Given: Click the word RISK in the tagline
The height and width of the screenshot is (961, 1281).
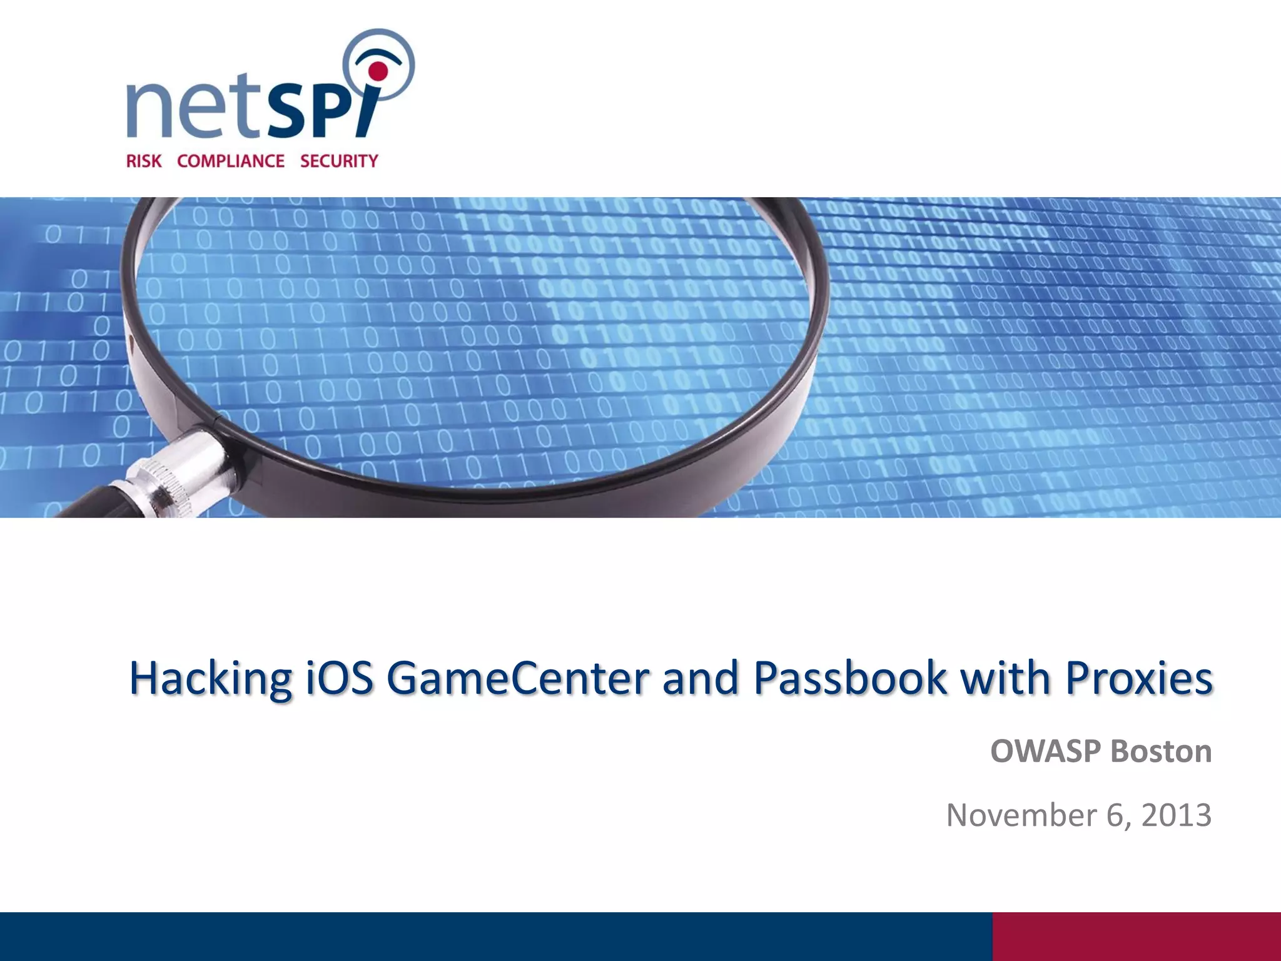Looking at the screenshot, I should (144, 161).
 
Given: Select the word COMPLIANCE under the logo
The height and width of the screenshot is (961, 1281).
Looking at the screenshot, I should (231, 161).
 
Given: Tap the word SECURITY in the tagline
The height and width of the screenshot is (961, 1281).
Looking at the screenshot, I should (339, 161).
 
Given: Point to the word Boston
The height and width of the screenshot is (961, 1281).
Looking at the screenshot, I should (1161, 751).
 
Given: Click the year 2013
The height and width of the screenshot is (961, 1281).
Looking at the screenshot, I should (1177, 815).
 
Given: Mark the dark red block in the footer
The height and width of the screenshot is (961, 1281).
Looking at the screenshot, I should (1136, 936).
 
